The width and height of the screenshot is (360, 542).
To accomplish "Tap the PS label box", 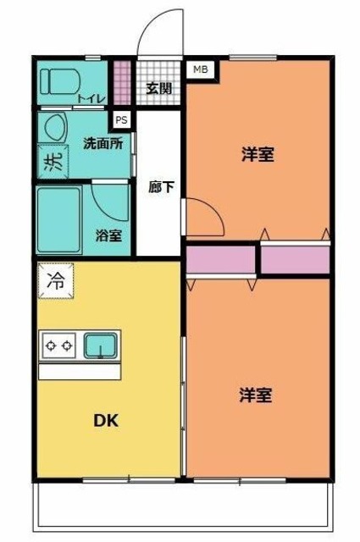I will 122,119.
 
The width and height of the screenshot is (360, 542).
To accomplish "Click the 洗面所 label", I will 102,143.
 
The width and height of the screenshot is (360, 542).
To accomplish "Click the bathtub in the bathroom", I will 58,220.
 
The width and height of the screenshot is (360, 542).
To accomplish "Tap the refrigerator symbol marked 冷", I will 55,280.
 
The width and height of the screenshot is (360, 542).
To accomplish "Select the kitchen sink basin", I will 100,345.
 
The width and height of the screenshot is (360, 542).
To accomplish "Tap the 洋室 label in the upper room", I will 258,155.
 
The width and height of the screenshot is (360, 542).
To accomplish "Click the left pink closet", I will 220,259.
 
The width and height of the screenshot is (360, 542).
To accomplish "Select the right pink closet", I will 295,259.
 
